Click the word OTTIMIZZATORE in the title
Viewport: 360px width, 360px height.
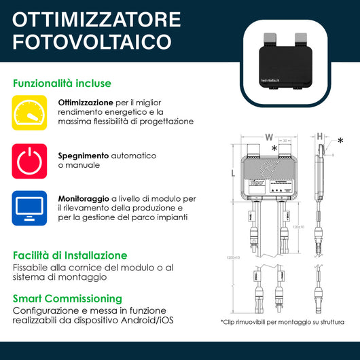click(x=97, y=18)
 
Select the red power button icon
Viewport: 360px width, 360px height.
click(x=29, y=160)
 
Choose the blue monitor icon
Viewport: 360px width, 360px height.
click(x=29, y=208)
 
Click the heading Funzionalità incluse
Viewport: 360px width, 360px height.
click(x=62, y=84)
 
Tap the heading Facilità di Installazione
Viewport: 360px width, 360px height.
click(x=70, y=255)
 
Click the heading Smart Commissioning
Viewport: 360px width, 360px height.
click(x=68, y=298)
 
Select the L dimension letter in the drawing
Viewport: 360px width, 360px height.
click(x=233, y=174)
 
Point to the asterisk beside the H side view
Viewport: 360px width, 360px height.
click(x=340, y=141)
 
